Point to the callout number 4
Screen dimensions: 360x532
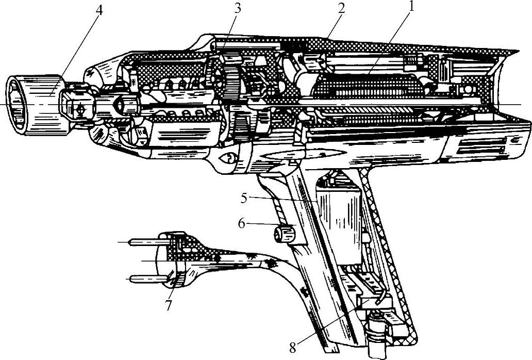coord(97,10)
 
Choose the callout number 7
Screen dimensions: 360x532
coord(169,304)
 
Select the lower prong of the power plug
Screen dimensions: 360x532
coord(145,279)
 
